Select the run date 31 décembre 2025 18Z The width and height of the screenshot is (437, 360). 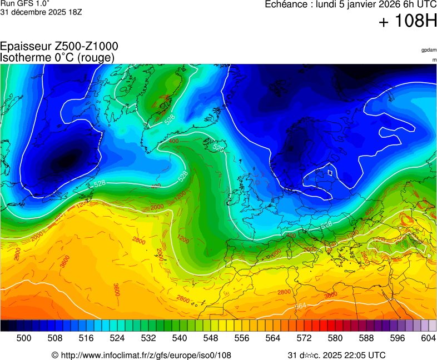click(x=41, y=12)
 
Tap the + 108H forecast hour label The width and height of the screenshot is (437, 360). click(x=408, y=22)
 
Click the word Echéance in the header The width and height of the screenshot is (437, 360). click(x=285, y=4)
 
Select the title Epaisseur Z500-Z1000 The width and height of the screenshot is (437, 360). click(x=59, y=47)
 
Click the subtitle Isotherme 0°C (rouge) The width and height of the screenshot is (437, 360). click(x=57, y=57)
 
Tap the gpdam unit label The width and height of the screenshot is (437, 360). click(x=429, y=50)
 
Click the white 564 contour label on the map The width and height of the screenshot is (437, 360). click(x=301, y=306)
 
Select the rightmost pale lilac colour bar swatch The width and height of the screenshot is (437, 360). click(x=433, y=326)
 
